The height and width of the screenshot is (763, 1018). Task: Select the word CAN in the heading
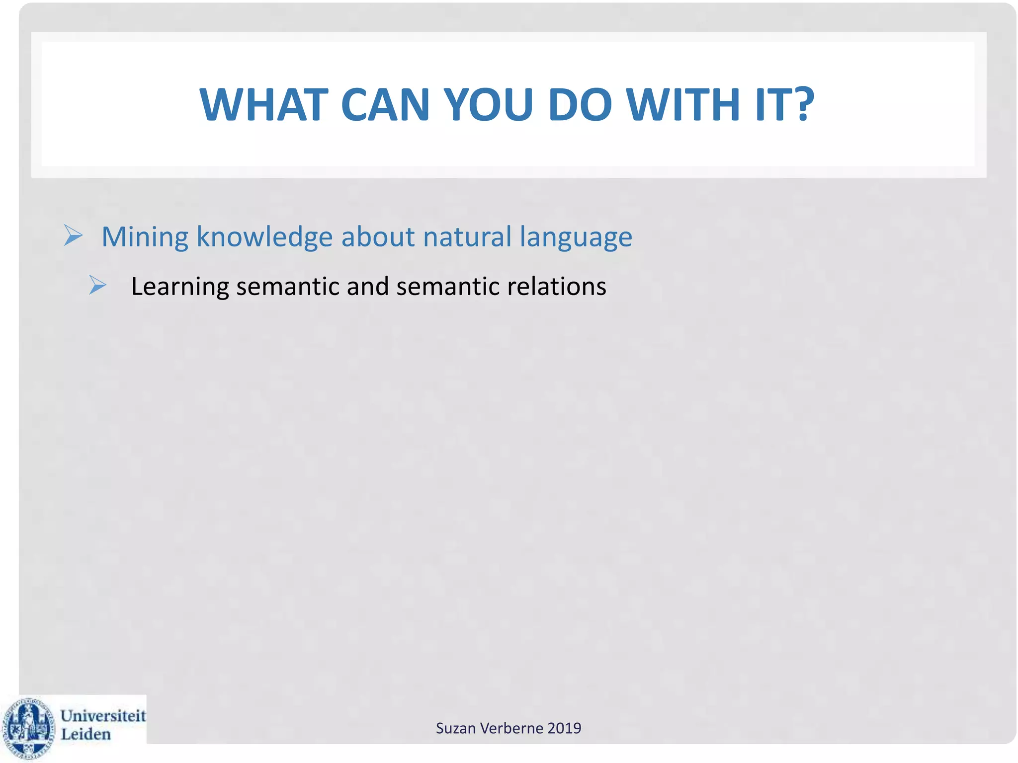385,105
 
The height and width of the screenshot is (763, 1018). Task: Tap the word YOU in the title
488,105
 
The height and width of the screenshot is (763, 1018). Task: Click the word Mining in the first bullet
145,237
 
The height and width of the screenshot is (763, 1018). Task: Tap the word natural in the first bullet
467,237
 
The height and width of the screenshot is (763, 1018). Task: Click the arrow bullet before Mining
73,235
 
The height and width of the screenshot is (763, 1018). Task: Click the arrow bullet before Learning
97,286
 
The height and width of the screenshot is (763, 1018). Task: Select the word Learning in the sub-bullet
179,287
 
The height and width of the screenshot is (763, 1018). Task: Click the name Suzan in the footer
453,728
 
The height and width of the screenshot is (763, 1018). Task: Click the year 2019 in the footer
564,728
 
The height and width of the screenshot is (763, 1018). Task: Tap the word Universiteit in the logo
103,716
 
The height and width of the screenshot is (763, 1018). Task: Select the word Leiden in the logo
85,734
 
